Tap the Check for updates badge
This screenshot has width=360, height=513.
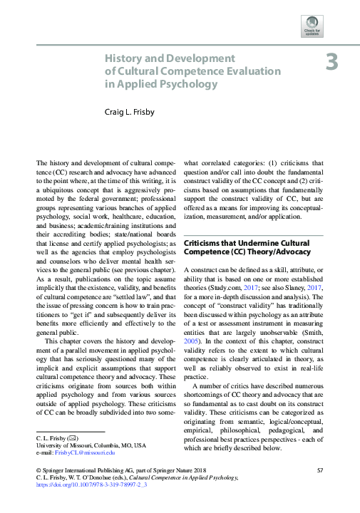tap(312, 26)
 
